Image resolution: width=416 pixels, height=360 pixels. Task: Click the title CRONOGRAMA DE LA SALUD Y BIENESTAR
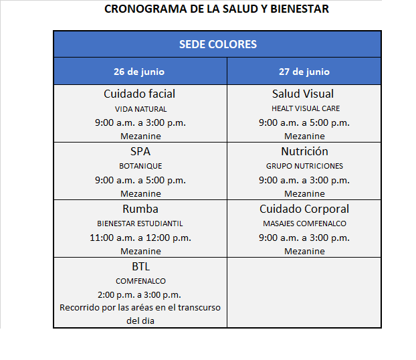217,9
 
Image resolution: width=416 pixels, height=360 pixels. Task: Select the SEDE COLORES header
217,45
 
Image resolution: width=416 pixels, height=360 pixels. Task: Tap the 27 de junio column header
304,72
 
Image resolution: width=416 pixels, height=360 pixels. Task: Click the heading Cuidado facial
140,94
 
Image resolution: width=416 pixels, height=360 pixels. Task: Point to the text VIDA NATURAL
140,108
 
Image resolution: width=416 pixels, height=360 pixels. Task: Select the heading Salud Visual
303,94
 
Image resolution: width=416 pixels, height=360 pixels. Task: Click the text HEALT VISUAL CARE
305,108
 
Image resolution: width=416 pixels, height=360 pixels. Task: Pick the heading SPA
140,151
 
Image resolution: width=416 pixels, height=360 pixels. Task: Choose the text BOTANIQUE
140,166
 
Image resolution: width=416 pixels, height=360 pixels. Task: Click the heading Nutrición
304,151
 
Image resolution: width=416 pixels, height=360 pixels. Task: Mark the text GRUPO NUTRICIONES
304,166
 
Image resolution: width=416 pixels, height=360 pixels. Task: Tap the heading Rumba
140,209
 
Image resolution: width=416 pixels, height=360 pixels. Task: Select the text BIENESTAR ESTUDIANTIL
140,223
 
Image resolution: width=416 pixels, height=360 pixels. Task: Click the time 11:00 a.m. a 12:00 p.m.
140,238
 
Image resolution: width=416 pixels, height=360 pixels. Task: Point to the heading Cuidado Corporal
304,209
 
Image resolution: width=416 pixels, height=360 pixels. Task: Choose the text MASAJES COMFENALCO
304,223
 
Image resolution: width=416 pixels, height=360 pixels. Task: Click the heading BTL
140,266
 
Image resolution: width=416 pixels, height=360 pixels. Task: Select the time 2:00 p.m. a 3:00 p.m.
140,294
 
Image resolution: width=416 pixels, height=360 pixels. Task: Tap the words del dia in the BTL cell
140,321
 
